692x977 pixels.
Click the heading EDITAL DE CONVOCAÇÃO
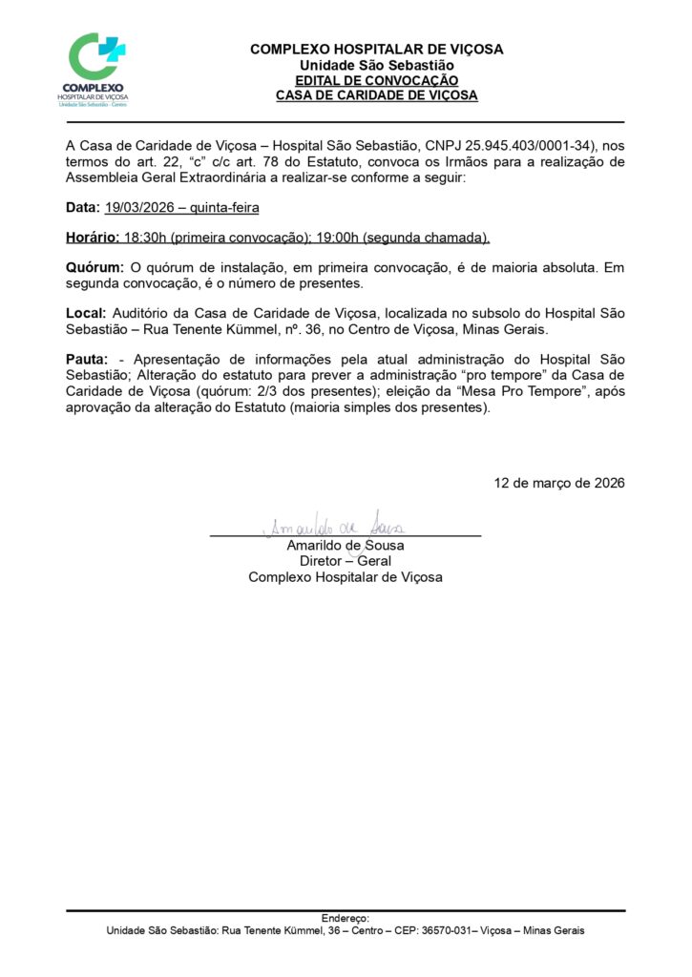[x=376, y=81]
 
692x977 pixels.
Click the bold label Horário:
[x=93, y=237]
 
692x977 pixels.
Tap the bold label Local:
[x=87, y=314]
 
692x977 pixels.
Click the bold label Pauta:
[x=87, y=360]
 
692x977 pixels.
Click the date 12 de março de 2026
[x=559, y=483]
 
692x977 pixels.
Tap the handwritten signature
[x=333, y=526]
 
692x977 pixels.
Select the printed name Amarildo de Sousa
[x=345, y=546]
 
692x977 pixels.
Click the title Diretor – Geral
[x=345, y=561]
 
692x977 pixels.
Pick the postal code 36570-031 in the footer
[x=444, y=931]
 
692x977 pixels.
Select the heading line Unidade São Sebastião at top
[x=376, y=65]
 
